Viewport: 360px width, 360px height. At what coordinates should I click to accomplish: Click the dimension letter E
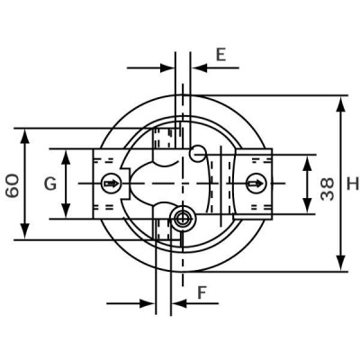click(220, 55)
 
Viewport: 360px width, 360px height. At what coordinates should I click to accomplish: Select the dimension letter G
click(50, 184)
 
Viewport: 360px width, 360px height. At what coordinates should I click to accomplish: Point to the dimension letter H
click(352, 184)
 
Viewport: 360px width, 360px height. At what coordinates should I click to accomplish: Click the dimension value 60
click(13, 184)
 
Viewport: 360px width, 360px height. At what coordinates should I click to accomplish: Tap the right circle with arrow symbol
click(255, 184)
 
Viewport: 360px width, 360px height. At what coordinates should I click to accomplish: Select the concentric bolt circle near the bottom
click(184, 218)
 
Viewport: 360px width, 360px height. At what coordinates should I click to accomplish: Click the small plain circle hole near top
click(198, 154)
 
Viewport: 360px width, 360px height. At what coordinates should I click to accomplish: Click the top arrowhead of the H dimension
click(340, 102)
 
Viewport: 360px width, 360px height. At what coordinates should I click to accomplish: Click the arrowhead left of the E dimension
click(169, 67)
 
